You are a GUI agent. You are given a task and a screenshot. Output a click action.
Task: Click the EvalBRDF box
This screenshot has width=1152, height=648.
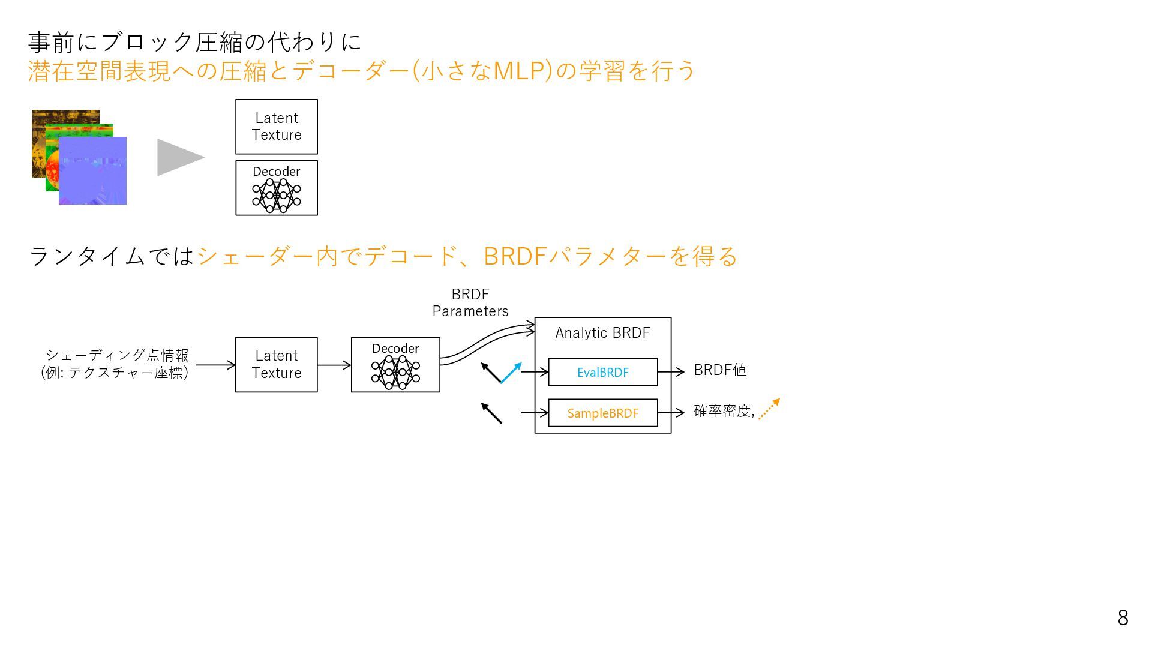[x=602, y=372]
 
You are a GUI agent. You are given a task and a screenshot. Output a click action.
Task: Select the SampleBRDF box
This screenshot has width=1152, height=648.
[x=602, y=413]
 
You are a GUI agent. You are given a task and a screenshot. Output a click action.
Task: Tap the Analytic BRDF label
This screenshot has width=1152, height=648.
[x=602, y=333]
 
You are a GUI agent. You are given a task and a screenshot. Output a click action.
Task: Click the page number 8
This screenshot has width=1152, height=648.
[x=1123, y=617]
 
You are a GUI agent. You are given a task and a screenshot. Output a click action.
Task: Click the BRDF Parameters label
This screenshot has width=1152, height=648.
[x=470, y=303]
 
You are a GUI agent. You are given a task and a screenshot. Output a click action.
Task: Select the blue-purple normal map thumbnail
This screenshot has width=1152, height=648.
[x=93, y=171]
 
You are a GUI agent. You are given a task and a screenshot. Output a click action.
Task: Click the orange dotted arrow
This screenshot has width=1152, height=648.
[x=769, y=409]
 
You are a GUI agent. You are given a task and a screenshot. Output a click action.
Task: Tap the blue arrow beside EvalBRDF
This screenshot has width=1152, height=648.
[x=511, y=373]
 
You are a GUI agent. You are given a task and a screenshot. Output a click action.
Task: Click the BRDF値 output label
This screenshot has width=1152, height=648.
[x=720, y=370]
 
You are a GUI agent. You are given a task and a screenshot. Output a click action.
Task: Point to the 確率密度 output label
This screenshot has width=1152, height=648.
[x=722, y=411]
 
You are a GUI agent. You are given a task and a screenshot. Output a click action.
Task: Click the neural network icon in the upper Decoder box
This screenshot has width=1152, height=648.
[x=277, y=195]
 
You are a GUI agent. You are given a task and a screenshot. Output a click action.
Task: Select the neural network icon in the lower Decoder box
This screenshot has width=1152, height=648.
[x=395, y=372]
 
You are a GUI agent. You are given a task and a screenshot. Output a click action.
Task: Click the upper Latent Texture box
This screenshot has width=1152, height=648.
[x=277, y=127]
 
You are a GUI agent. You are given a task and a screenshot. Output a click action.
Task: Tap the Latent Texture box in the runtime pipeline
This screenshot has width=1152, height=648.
[x=277, y=364]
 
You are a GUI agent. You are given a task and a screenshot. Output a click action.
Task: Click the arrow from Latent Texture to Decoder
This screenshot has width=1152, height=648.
[x=334, y=365]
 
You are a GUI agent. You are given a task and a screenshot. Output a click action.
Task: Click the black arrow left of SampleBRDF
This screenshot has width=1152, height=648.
[x=491, y=413]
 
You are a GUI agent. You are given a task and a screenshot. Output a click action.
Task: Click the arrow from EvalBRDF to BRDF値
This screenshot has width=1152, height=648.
[x=671, y=372]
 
